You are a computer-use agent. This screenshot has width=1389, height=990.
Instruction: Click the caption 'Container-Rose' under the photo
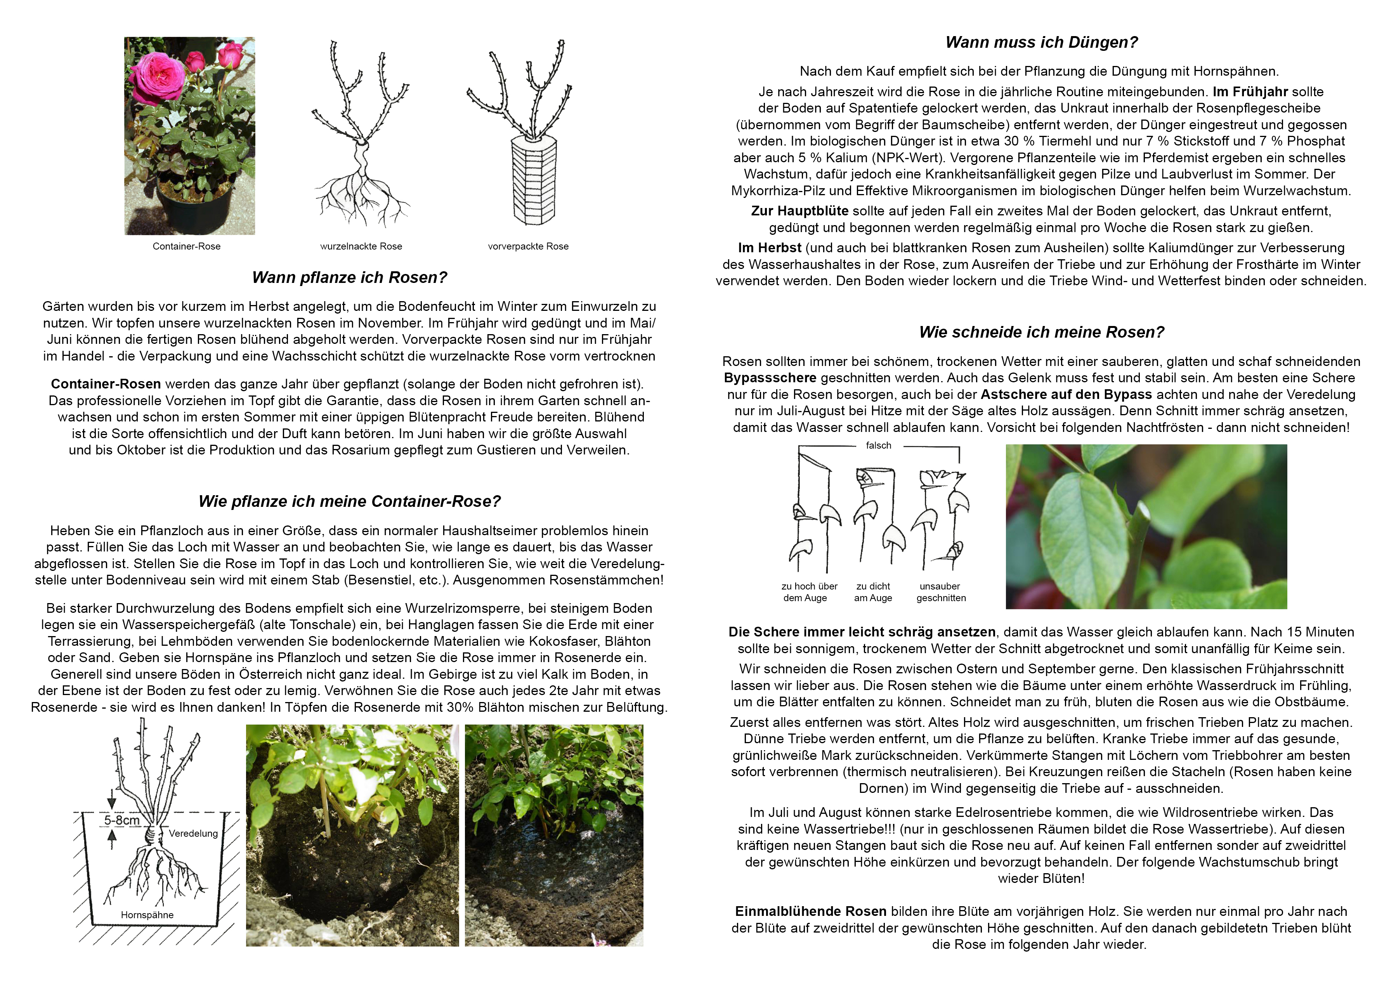[x=187, y=246]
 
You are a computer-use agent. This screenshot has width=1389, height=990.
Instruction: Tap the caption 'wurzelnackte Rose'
[x=361, y=246]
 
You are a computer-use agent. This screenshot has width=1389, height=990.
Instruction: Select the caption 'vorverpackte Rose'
[x=528, y=246]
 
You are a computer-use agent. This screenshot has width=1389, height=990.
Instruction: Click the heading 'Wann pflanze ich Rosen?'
[x=349, y=277]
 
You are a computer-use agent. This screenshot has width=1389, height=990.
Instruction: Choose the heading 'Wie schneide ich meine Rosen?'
[x=1041, y=332]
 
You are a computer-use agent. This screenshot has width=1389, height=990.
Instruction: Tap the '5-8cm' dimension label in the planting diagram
[x=122, y=820]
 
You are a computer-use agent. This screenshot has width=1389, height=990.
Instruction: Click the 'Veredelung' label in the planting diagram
[x=193, y=833]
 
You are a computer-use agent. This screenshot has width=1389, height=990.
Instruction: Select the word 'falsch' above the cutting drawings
[x=878, y=446]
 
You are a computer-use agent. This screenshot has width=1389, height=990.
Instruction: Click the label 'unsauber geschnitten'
[x=940, y=592]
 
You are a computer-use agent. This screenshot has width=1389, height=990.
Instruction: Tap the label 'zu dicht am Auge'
[x=873, y=592]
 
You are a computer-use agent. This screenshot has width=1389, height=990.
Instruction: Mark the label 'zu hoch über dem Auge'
[x=809, y=592]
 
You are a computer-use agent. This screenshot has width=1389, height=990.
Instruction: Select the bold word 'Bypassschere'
[x=770, y=378]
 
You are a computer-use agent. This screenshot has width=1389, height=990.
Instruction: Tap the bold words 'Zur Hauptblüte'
[x=799, y=211]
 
